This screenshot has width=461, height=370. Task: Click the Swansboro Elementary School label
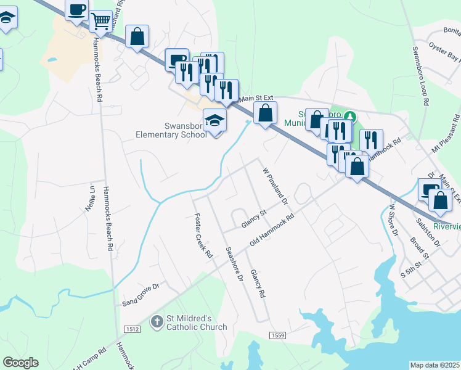click(171, 130)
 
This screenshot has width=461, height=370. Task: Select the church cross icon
click(157, 321)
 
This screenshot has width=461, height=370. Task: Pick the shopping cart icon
click(100, 21)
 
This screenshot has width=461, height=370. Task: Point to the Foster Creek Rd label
click(203, 236)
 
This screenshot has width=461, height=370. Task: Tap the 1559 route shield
click(277, 334)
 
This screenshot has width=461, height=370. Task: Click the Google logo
click(20, 363)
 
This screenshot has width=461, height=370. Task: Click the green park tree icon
click(350, 115)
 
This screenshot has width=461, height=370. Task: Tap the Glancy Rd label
click(258, 284)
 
